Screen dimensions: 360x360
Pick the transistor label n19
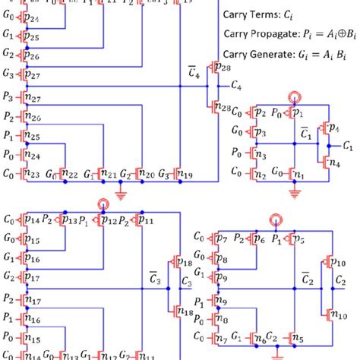point(184,174)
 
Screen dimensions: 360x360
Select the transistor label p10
point(339,264)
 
